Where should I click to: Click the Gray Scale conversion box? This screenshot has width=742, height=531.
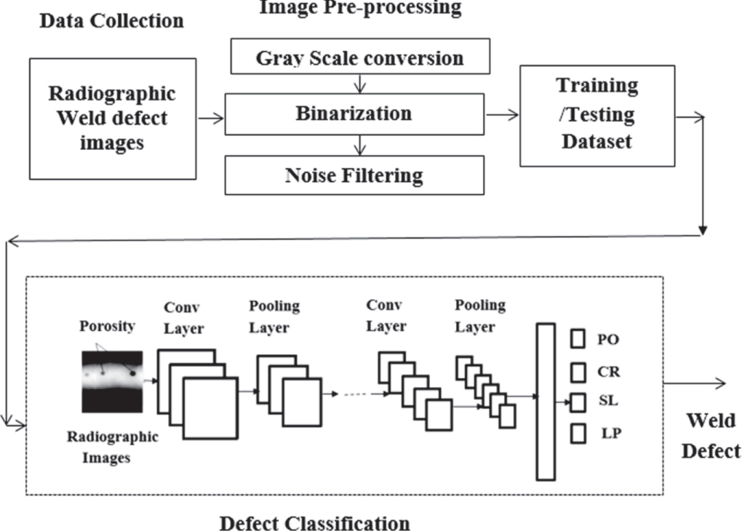point(359,57)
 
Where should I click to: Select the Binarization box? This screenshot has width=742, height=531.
point(354,114)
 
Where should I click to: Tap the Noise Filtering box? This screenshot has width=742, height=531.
point(354,175)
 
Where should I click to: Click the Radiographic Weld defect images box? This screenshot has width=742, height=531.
point(112,119)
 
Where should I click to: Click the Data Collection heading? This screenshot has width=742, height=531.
point(111,21)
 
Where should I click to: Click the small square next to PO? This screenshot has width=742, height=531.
point(578,339)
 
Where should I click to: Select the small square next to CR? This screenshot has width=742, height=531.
point(578,372)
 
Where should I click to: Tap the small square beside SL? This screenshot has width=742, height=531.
point(578,402)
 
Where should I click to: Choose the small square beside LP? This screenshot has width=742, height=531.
point(578,434)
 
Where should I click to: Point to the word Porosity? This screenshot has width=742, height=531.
point(108,327)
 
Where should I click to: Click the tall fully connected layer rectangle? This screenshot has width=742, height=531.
point(546,402)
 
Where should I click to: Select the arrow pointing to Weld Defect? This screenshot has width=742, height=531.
point(695,384)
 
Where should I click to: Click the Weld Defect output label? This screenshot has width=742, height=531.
point(710,436)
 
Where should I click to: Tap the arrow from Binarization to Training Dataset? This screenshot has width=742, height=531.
point(502,114)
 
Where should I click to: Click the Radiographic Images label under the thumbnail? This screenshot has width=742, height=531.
point(112,447)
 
